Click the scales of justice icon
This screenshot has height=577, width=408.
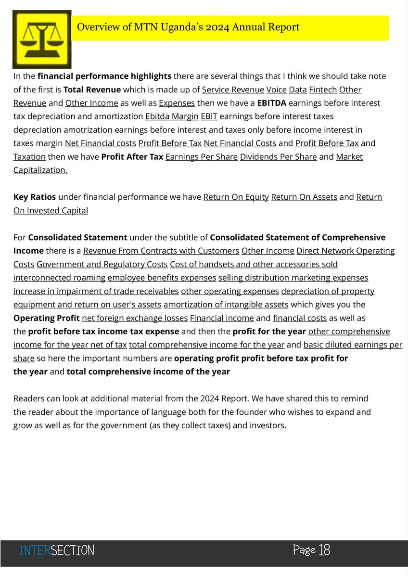pyautogui.click(x=42, y=39)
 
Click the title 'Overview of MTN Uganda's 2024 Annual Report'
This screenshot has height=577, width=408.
pyautogui.click(x=188, y=27)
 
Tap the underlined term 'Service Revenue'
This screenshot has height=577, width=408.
pyautogui.click(x=233, y=90)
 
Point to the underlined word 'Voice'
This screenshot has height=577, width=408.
pyautogui.click(x=276, y=90)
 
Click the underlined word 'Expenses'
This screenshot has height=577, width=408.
pyautogui.click(x=177, y=103)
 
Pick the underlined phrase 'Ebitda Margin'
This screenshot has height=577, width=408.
pyautogui.click(x=171, y=116)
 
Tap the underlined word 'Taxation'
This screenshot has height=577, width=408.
pyautogui.click(x=29, y=157)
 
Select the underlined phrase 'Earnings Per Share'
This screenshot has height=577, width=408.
pyautogui.click(x=201, y=157)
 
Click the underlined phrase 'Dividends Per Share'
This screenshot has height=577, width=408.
pyautogui.click(x=278, y=157)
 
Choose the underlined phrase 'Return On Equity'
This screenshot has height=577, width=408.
pyautogui.click(x=236, y=197)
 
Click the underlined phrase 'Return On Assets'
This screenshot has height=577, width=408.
pyautogui.click(x=304, y=197)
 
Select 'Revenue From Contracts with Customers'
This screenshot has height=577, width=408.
pyautogui.click(x=161, y=251)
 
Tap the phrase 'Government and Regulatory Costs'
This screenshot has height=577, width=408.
pyautogui.click(x=102, y=264)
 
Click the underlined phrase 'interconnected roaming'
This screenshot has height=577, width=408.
pyautogui.click(x=59, y=278)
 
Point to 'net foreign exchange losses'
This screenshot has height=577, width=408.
pyautogui.click(x=135, y=318)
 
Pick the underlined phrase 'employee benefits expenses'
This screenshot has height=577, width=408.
pyautogui.click(x=162, y=278)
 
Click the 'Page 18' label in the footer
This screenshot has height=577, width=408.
pyautogui.click(x=311, y=550)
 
